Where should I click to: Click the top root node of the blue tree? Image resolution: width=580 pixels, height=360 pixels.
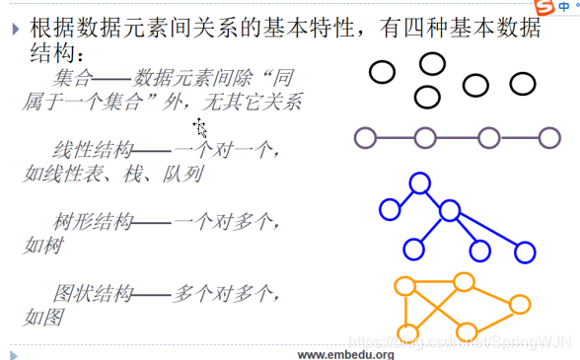pyautogui.click(x=420, y=182)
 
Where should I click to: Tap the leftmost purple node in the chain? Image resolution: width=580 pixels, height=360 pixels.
pyautogui.click(x=364, y=138)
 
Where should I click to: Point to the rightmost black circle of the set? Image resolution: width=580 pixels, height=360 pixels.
pyautogui.click(x=519, y=82)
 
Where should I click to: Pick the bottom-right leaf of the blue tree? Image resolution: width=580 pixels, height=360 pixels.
pyautogui.click(x=524, y=252)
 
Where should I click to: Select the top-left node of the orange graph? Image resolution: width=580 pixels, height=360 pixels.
pyautogui.click(x=404, y=287)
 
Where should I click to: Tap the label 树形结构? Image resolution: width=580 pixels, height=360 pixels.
pyautogui.click(x=93, y=222)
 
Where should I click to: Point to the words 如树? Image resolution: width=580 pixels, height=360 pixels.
pyautogui.click(x=43, y=246)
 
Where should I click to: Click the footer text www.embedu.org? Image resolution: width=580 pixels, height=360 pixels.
pyautogui.click(x=345, y=353)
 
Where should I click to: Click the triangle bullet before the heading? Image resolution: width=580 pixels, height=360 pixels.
pyautogui.click(x=15, y=29)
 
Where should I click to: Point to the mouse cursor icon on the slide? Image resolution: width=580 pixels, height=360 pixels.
pyautogui.click(x=200, y=126)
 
